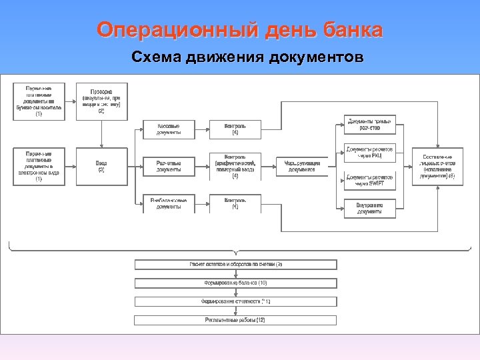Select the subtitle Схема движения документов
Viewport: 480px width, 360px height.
pyautogui.click(x=247, y=57)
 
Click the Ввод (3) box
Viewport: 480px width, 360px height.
pyautogui.click(x=101, y=166)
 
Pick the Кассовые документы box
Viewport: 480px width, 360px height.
pyautogui.click(x=168, y=129)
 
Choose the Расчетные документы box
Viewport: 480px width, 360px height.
pyautogui.click(x=168, y=166)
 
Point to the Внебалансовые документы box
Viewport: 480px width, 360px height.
pyautogui.click(x=168, y=203)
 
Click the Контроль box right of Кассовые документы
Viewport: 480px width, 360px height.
pyautogui.click(x=235, y=129)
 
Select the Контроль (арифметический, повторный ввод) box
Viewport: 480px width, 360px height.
pyautogui.click(x=235, y=166)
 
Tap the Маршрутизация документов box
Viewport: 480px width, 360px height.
pyautogui.click(x=302, y=166)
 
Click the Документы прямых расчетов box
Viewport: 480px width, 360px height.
pyautogui.click(x=369, y=124)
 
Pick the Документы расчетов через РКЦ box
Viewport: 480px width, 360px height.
pyautogui.click(x=369, y=152)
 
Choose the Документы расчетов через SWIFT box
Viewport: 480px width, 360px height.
pyautogui.click(x=369, y=180)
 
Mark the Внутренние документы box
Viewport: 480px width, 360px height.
pyautogui.click(x=369, y=209)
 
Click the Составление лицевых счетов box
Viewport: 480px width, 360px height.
pyautogui.click(x=437, y=166)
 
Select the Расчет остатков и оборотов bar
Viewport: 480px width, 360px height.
pyautogui.click(x=236, y=265)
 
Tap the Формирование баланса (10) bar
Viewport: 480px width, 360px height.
pyautogui.click(x=236, y=283)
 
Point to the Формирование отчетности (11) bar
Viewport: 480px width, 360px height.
pyautogui.click(x=236, y=301)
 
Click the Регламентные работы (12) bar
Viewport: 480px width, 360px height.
pyautogui.click(x=236, y=320)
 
